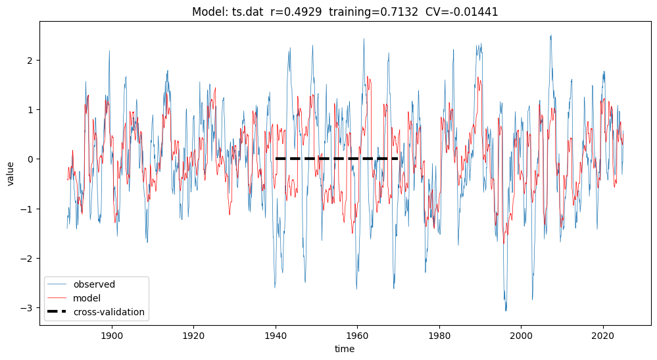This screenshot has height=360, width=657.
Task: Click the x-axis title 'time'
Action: click(x=345, y=349)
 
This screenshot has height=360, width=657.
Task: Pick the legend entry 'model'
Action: click(x=87, y=298)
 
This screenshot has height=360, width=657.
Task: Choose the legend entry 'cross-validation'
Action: click(x=109, y=312)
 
